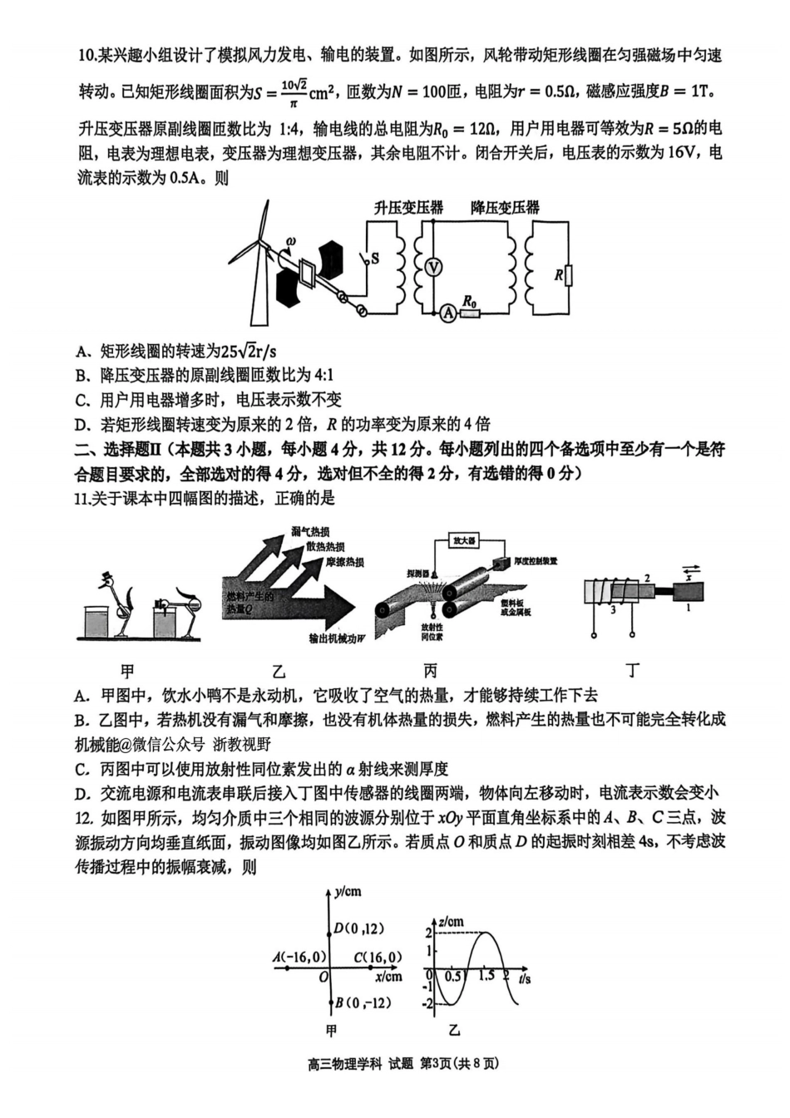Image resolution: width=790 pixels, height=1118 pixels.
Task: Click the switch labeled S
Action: point(366,259)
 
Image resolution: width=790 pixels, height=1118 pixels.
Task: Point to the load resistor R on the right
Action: point(569,275)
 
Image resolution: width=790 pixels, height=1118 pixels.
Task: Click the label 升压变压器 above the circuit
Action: point(408,208)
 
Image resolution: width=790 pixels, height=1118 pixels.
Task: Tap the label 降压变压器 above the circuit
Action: point(505,208)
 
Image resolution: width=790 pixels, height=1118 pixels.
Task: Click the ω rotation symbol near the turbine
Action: point(290,243)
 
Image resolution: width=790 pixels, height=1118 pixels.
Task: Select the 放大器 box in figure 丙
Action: point(464,540)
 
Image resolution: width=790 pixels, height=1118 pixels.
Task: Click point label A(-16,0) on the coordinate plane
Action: point(297,958)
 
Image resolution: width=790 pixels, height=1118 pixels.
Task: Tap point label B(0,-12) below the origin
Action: point(363,1002)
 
